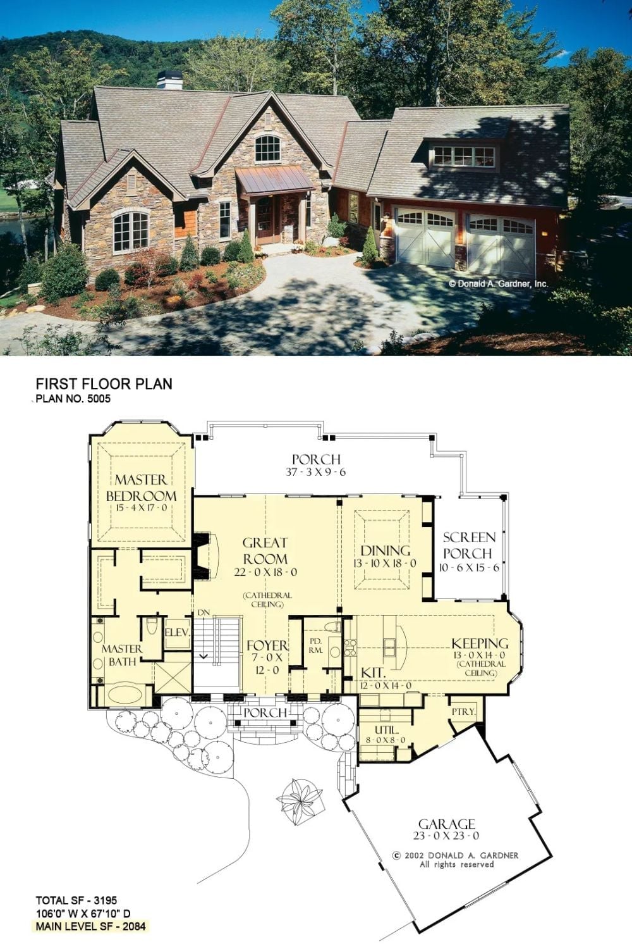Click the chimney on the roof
[170, 80]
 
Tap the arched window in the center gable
[267, 149]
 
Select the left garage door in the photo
[425, 237]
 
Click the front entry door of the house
[269, 220]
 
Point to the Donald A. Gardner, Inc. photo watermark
[498, 284]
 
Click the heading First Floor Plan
[104, 384]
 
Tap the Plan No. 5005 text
[73, 399]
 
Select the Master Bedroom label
[141, 488]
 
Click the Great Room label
[265, 550]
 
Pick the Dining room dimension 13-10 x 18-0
[385, 564]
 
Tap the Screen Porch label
[469, 545]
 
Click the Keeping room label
[480, 643]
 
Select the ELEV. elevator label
[177, 633]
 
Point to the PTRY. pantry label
[463, 712]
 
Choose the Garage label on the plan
[447, 824]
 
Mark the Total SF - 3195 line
[76, 900]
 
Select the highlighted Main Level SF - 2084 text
[90, 927]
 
